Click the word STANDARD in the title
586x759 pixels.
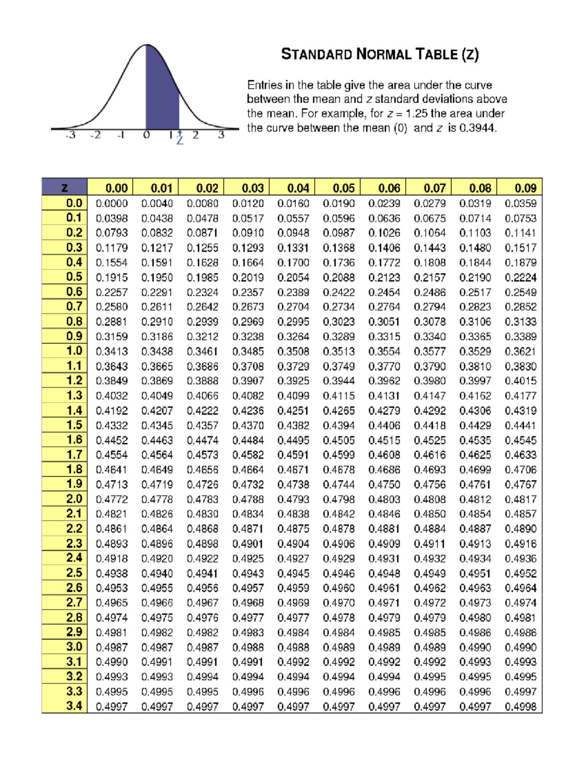[x=316, y=54]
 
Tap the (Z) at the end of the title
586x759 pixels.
[x=470, y=54]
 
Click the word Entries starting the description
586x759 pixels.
[x=264, y=85]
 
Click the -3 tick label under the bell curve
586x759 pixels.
[x=71, y=135]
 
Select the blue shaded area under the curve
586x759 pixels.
[x=162, y=93]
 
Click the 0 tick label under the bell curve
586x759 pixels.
[x=146, y=135]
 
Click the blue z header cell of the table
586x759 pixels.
[x=64, y=188]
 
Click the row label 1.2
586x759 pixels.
[x=74, y=381]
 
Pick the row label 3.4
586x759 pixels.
[x=74, y=706]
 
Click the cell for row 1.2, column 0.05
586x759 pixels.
[x=339, y=381]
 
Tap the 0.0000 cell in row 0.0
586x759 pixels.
[x=112, y=203]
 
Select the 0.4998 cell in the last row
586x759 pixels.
[x=521, y=707]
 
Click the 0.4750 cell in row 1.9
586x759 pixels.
[x=384, y=484]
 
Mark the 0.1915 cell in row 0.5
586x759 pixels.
[x=112, y=278]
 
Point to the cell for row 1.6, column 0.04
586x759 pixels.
[x=293, y=440]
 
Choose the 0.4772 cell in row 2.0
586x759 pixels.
[x=112, y=499]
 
